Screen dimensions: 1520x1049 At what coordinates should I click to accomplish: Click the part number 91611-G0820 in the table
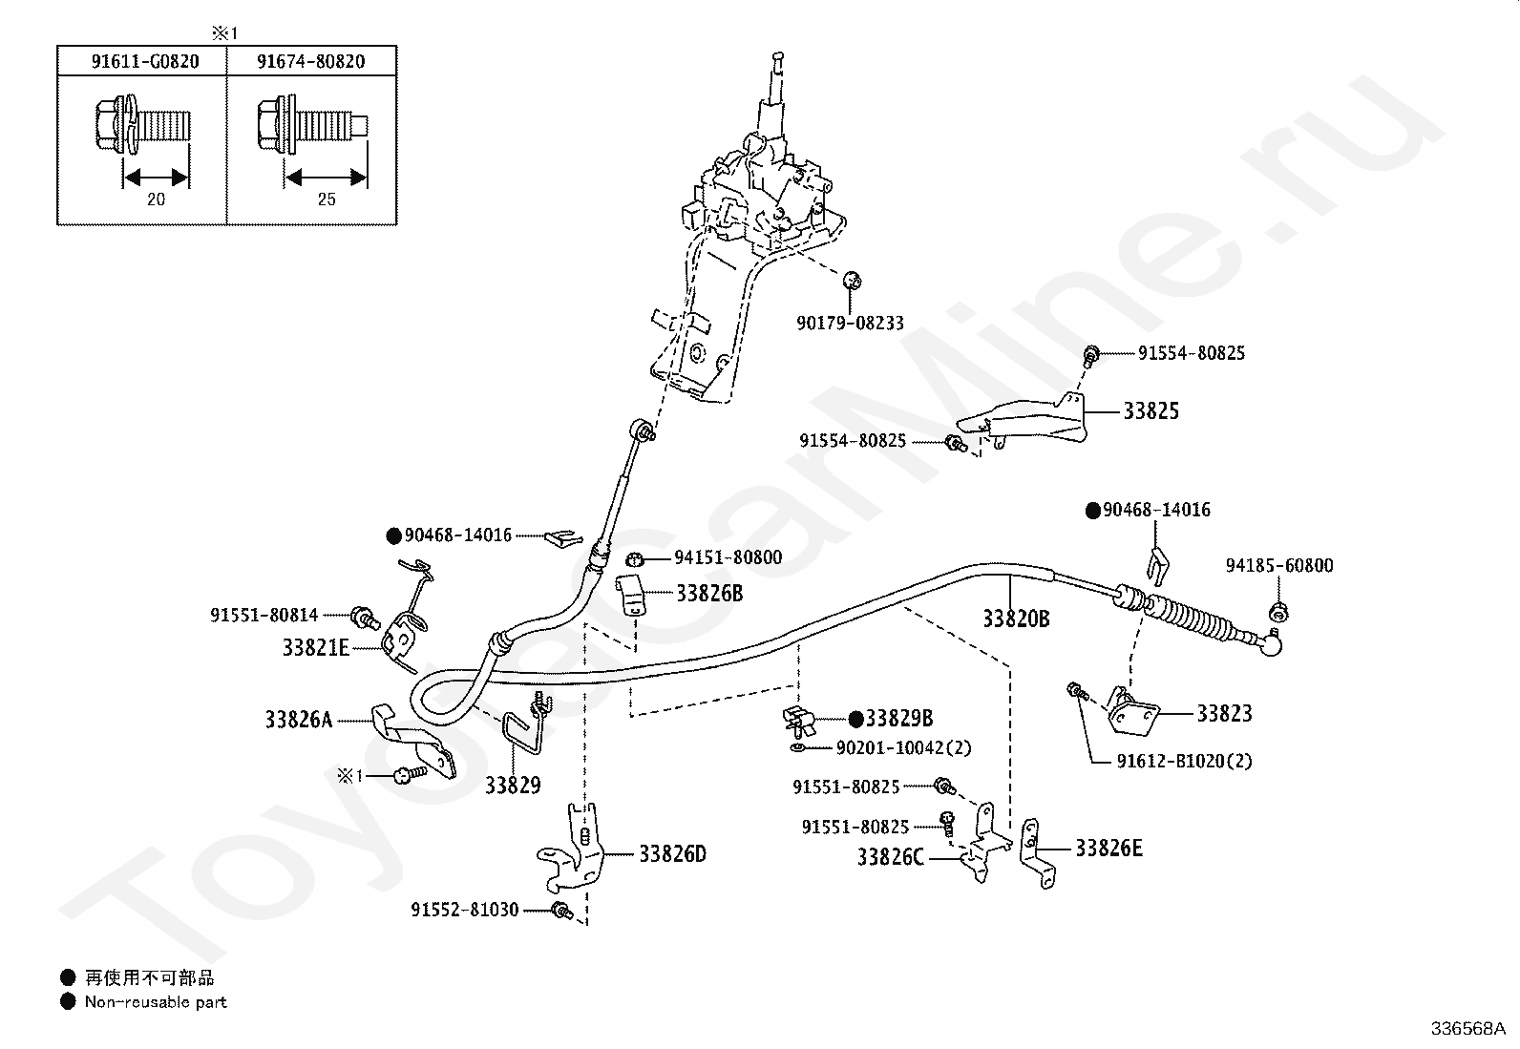coord(145,62)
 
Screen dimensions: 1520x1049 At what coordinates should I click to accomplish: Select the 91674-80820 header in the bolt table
coord(311,62)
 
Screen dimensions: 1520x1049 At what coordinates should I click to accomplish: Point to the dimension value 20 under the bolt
coord(156,199)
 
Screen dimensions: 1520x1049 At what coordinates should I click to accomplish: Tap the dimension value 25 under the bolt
coord(327,199)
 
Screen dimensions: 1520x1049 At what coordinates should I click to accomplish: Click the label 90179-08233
coord(851,323)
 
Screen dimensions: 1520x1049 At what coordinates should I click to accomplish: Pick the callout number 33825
coord(1151,411)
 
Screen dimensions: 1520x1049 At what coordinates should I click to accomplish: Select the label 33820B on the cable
coord(1016,619)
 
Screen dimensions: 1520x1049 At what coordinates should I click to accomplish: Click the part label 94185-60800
coord(1279,566)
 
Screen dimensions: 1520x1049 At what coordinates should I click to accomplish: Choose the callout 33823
coord(1224,714)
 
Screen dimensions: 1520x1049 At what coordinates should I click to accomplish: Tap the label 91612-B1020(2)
coord(1184,762)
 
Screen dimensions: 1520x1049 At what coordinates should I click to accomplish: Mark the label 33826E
coord(1108,849)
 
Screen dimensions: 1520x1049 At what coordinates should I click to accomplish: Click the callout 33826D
coord(672,853)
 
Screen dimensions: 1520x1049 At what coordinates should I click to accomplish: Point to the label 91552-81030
coord(465,910)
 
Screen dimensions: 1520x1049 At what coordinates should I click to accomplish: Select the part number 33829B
coord(899,718)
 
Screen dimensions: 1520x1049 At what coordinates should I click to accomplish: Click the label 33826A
coord(299,720)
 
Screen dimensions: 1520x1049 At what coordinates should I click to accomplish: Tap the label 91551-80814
coord(264,616)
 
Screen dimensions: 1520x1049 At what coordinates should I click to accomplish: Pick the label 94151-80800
coord(728,557)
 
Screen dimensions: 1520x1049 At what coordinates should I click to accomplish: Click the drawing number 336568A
coord(1467,1029)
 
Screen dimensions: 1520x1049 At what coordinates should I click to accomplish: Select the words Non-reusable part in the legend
coord(156,1002)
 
